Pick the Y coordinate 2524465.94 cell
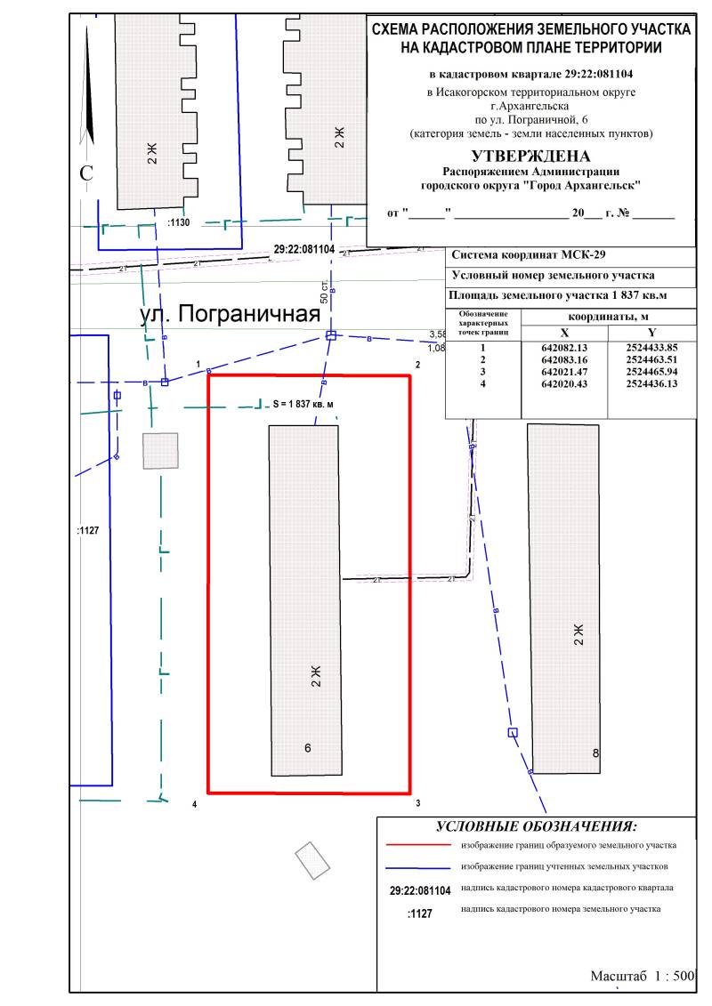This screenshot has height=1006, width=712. tap(651, 371)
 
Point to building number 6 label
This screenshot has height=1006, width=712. tap(308, 748)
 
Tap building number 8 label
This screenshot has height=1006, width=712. tap(595, 753)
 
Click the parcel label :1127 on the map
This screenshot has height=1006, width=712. tap(89, 530)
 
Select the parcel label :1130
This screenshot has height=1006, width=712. tap(179, 224)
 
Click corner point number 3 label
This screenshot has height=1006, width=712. tap(417, 804)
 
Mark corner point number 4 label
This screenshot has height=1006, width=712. tap(194, 805)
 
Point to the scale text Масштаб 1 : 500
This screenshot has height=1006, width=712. tap(642, 976)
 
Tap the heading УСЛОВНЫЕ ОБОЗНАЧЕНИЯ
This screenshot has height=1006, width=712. tap(537, 826)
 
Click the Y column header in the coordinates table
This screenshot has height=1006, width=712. tap(651, 333)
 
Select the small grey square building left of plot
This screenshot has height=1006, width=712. tap(160, 450)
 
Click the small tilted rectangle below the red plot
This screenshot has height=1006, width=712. tap(312, 860)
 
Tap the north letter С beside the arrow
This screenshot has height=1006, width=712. tap(86, 174)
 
